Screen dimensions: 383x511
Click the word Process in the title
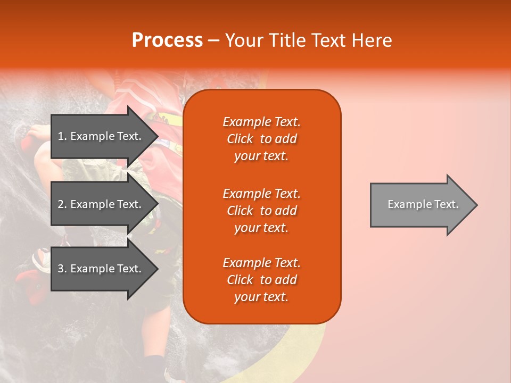point(167,40)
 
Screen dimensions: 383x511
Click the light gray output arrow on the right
point(421,205)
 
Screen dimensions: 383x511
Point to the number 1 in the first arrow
point(61,136)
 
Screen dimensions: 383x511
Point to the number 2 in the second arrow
point(61,204)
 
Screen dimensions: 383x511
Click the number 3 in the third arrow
point(61,269)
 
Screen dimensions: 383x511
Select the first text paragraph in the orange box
point(261,139)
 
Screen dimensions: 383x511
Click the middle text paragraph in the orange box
point(261,211)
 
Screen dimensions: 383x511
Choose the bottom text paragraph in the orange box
point(261,280)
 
